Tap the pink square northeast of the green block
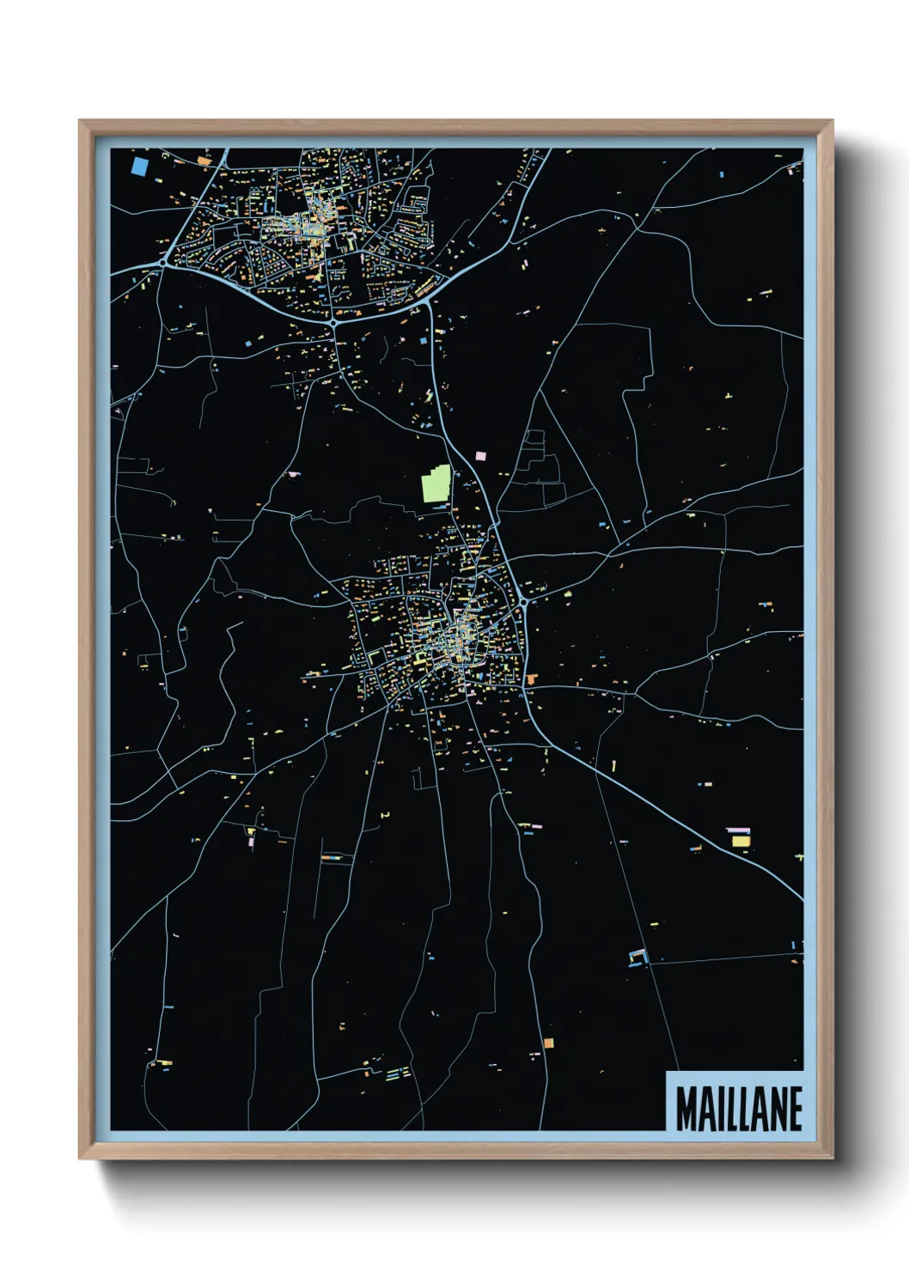coord(480,455)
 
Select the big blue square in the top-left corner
coord(140,163)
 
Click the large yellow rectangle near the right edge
coord(740,841)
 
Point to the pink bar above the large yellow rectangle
coord(737,830)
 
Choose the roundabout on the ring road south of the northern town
coord(332,322)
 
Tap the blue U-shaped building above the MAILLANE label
coord(637,956)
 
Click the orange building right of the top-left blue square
coord(204,160)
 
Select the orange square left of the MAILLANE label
coord(548,1043)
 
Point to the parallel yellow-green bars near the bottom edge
coord(397,1073)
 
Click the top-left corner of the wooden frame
coord(81,122)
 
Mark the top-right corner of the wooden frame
coord(831,122)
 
